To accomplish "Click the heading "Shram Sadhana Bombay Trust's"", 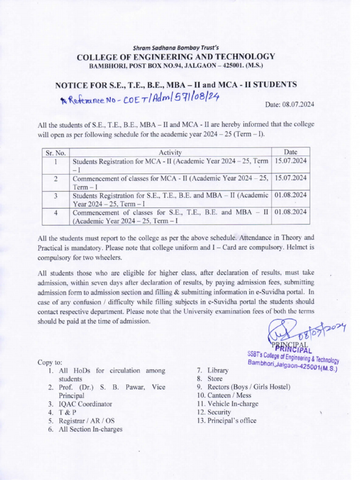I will tap(176, 47).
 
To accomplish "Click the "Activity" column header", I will tap(170, 152).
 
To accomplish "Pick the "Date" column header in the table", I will tap(290, 152).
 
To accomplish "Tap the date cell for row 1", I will tap(291, 161).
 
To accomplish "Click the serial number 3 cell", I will tap(56, 195).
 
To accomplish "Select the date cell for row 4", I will tap(291, 212).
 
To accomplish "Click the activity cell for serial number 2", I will tap(170, 182).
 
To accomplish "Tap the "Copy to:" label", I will tap(50, 362).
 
